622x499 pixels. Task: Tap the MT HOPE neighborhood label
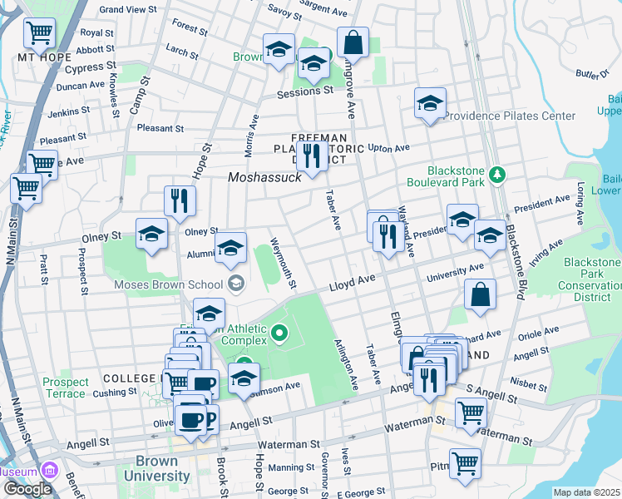coord(39,57)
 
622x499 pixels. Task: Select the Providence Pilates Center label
coord(509,116)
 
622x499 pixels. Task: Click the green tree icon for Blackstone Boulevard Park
coord(497,174)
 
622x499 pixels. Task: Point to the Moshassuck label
coord(262,178)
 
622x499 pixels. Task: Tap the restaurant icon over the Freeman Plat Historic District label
coord(312,155)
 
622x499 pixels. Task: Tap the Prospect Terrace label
coord(64,388)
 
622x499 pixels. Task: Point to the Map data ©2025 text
coord(586,492)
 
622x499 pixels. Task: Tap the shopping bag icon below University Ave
coord(480,294)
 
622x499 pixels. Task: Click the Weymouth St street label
coord(284,264)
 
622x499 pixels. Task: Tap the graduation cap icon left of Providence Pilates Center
coord(430,103)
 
